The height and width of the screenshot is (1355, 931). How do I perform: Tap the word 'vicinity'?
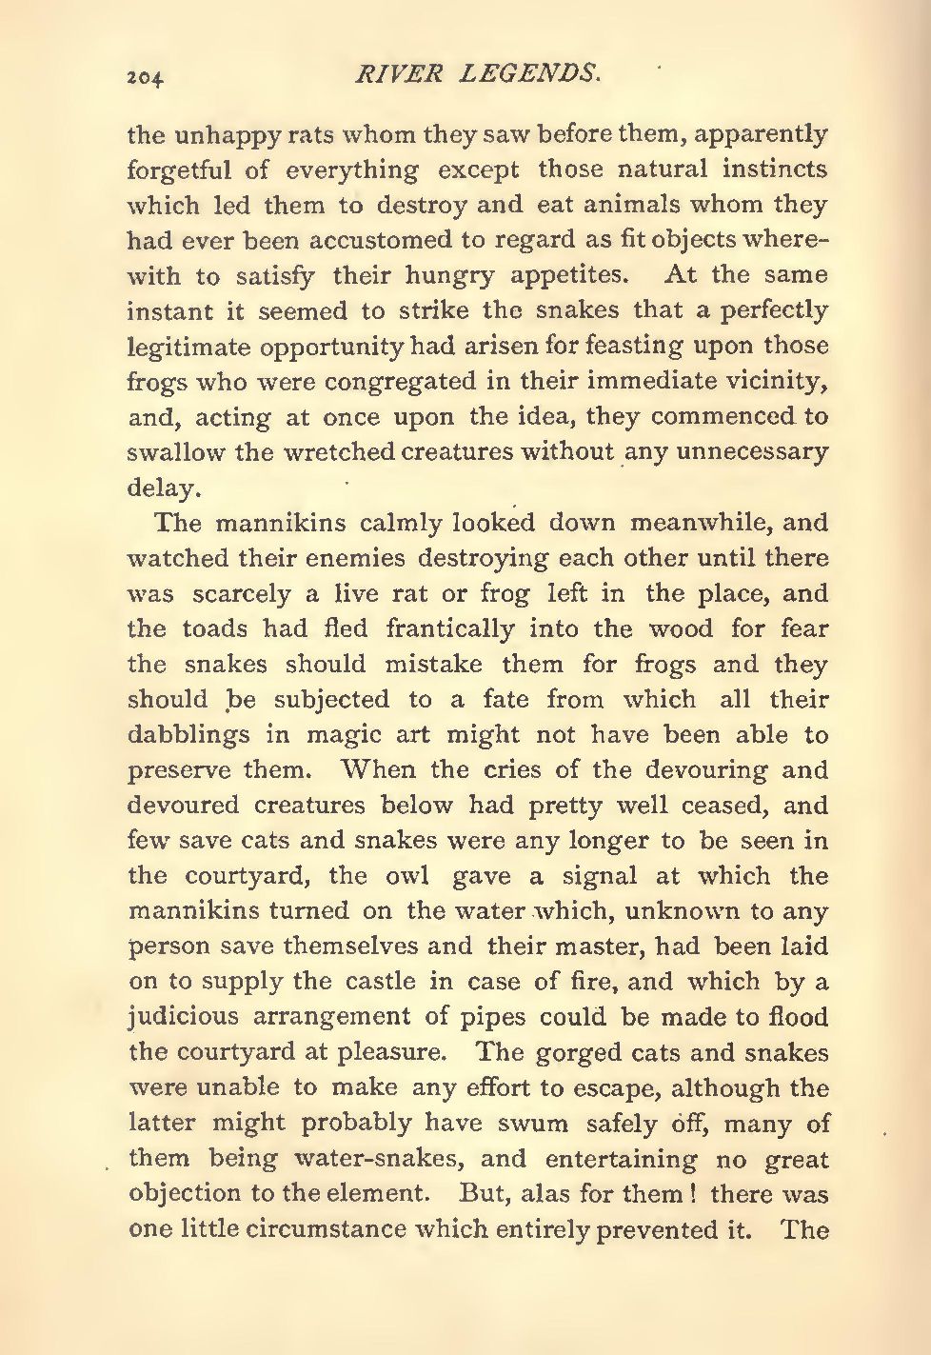(770, 382)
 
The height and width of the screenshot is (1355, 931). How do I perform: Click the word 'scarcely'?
(241, 593)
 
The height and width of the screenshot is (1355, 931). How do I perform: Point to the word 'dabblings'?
(189, 735)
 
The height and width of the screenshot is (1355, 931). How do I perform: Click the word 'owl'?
(405, 876)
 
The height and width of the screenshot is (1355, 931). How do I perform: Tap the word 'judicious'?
(183, 1017)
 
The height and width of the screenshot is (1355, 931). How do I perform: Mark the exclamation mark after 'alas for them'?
(697, 1193)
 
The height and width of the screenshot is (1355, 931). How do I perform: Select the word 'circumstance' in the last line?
(327, 1228)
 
